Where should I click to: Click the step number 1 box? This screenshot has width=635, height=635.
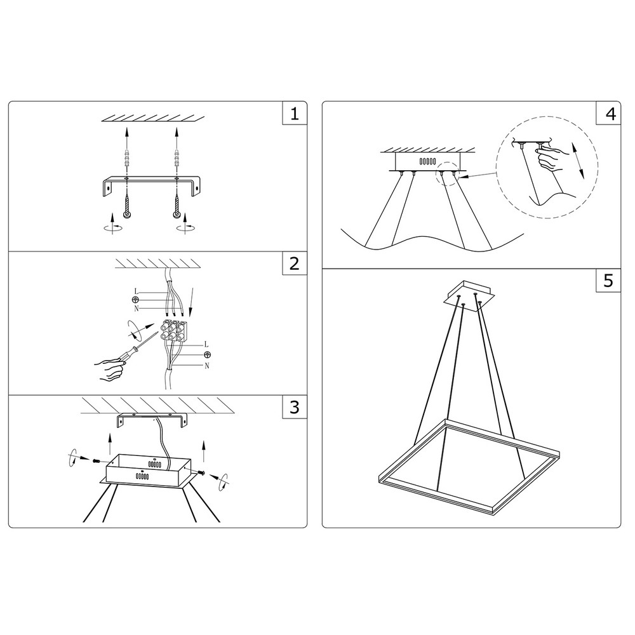tap(295, 114)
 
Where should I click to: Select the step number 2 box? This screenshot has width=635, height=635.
tap(295, 264)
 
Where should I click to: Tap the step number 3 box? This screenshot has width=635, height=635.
tap(295, 407)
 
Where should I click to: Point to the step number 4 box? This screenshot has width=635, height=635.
tap(608, 114)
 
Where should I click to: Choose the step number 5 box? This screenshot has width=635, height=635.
tap(608, 280)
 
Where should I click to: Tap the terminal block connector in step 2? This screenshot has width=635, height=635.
tap(175, 331)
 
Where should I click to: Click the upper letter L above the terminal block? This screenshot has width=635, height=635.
tap(137, 291)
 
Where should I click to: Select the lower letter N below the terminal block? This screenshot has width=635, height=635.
tap(207, 366)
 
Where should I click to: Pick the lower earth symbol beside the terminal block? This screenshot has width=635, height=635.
tap(207, 355)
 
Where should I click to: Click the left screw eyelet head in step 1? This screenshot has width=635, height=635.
tap(126, 214)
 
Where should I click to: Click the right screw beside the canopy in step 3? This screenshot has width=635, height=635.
tap(201, 472)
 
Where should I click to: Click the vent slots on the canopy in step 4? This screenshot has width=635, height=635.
tap(427, 161)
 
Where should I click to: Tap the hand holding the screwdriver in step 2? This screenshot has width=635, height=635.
tap(109, 370)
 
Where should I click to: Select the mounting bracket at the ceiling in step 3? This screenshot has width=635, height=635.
tap(152, 420)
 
